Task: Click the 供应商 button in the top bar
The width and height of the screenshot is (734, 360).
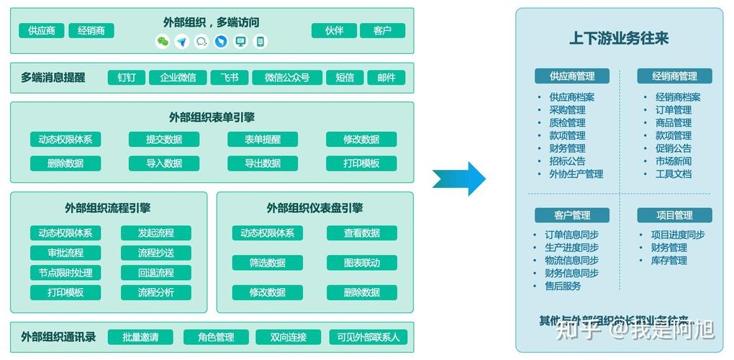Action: pyautogui.click(x=41, y=31)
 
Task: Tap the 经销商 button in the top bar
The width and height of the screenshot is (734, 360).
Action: pyautogui.click(x=91, y=31)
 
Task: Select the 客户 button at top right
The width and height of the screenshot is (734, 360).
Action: pyautogui.click(x=382, y=31)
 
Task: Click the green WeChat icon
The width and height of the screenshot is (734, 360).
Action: pyautogui.click(x=163, y=42)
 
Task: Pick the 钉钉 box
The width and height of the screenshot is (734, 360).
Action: pyautogui.click(x=127, y=78)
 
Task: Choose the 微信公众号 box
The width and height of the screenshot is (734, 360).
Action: pyautogui.click(x=286, y=78)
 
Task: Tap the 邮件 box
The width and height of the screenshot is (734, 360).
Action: pyautogui.click(x=386, y=78)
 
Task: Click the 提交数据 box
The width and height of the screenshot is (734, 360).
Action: pyautogui.click(x=164, y=140)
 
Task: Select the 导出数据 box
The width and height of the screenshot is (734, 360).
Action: pyautogui.click(x=263, y=163)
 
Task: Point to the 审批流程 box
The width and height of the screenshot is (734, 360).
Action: pyautogui.click(x=65, y=253)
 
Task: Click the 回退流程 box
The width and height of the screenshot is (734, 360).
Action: pyautogui.click(x=155, y=273)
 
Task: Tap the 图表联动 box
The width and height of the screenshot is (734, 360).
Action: pyautogui.click(x=361, y=263)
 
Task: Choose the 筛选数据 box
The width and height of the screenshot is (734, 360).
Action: pyautogui.click(x=267, y=263)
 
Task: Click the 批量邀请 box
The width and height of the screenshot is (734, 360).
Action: pyautogui.click(x=140, y=337)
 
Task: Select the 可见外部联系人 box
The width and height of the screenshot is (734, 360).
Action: pyautogui.click(x=368, y=337)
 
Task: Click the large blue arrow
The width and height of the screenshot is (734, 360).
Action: pyautogui.click(x=461, y=179)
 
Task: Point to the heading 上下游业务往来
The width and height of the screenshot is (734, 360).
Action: pyautogui.click(x=619, y=38)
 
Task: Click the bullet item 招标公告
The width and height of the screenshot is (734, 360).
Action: pyautogui.click(x=567, y=161)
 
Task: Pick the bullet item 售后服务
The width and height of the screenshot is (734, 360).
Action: pyautogui.click(x=563, y=286)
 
